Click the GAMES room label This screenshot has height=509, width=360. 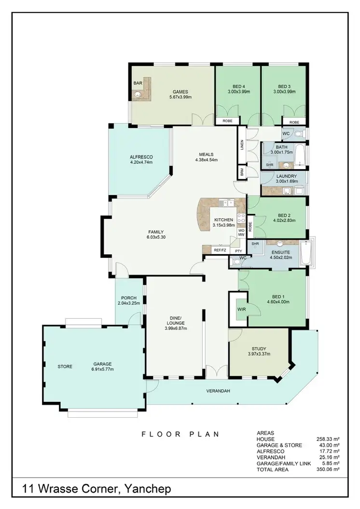coord(180,92)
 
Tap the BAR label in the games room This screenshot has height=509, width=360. coord(138,84)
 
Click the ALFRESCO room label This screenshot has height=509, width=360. coord(141,156)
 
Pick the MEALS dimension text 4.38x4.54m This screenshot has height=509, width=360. coord(207,160)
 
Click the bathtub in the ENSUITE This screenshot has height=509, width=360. coord(306,253)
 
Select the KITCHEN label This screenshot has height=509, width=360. coord(223,220)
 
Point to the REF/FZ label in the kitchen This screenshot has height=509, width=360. coord(220,250)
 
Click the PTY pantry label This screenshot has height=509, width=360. coord(238,251)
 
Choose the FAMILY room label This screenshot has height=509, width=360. coord(156,231)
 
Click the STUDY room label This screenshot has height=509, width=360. coord(259,348)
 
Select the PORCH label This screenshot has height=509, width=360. coord(128,297)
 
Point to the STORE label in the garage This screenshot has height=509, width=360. coord(65,367)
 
